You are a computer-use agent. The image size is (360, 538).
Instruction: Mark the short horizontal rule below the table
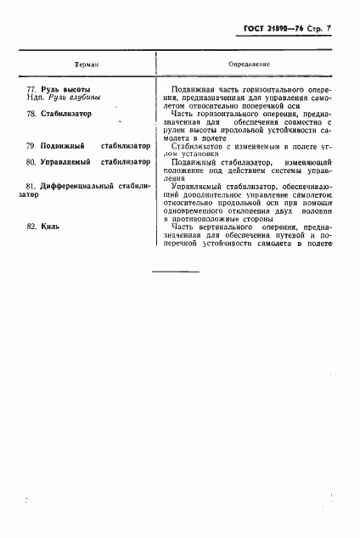tap(175, 271)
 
